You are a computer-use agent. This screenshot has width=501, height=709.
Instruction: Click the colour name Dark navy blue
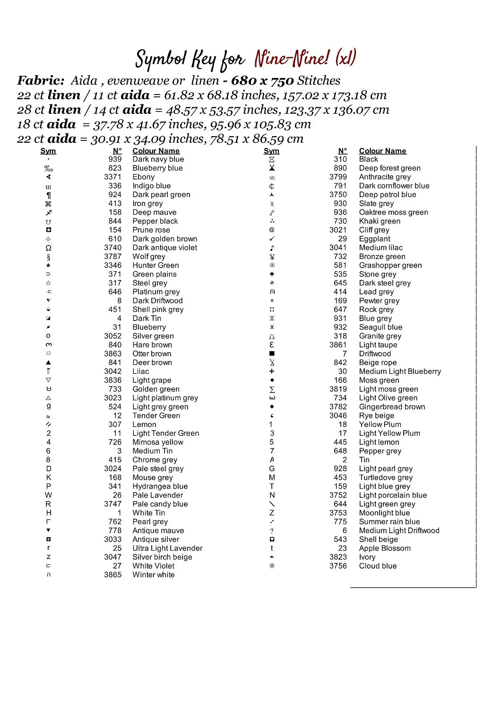pyautogui.click(x=158, y=159)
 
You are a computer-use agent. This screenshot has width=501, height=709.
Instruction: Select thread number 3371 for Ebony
pyautogui.click(x=112, y=177)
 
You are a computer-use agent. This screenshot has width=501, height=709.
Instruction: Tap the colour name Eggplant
pyautogui.click(x=374, y=239)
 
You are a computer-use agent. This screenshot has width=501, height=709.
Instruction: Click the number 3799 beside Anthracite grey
pyautogui.click(x=338, y=177)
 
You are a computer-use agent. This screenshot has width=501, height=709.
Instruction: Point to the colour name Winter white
pyautogui.click(x=153, y=575)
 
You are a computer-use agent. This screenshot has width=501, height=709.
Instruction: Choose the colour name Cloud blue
pyautogui.click(x=378, y=566)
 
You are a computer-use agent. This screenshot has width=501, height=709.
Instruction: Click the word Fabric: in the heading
pyautogui.click(x=41, y=81)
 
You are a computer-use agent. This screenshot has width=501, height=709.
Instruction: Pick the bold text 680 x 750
pyautogui.click(x=262, y=81)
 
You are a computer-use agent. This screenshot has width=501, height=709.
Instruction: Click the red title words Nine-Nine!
pyautogui.click(x=292, y=59)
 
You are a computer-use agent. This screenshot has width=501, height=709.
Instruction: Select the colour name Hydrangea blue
pyautogui.click(x=160, y=486)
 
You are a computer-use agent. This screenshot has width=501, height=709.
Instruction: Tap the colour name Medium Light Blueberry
pyautogui.click(x=400, y=372)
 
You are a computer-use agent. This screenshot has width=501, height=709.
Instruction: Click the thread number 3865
pyautogui.click(x=112, y=575)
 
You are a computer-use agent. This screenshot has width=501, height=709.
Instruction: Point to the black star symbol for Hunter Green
pyautogui.click(x=48, y=265)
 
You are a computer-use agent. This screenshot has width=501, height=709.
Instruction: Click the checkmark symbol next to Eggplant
pyautogui.click(x=272, y=239)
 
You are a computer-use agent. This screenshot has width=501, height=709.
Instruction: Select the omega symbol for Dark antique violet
pyautogui.click(x=48, y=248)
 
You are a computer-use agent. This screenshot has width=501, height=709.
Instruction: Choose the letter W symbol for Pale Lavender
pyautogui.click(x=48, y=495)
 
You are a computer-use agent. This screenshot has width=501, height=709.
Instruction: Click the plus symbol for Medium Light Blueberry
pyautogui.click(x=272, y=372)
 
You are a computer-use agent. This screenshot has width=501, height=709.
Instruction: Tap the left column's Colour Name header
pyautogui.click(x=156, y=151)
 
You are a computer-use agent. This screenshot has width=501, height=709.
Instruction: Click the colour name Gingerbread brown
pyautogui.click(x=392, y=407)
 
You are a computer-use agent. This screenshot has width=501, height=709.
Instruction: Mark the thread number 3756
pyautogui.click(x=338, y=566)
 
